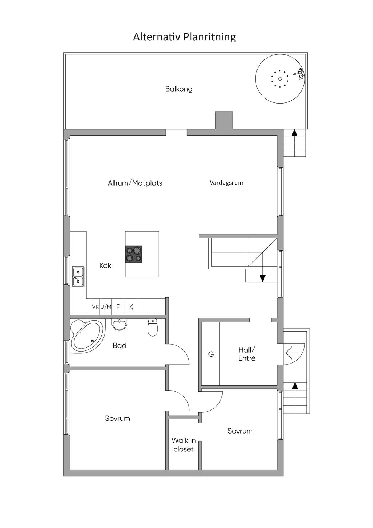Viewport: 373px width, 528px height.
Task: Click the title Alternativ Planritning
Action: [184, 37]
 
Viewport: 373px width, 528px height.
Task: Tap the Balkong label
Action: [179, 89]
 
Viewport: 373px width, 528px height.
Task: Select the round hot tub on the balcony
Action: [280, 79]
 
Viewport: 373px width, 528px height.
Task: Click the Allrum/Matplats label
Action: [135, 183]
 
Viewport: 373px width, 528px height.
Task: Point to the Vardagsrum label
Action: [226, 183]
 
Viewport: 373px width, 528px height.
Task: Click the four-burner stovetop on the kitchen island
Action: [134, 254]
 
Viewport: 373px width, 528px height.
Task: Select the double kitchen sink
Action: [78, 276]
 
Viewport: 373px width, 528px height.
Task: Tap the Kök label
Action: [105, 265]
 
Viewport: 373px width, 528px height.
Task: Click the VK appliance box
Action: [95, 307]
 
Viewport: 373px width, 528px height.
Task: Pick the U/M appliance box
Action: [106, 307]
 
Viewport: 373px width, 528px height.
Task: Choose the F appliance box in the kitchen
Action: [118, 307]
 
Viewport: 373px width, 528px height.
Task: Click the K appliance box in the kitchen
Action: [131, 307]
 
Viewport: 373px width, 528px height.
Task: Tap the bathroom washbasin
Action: [119, 324]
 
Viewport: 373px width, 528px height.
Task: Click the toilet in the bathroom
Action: [153, 327]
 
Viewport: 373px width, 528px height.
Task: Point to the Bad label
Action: [119, 346]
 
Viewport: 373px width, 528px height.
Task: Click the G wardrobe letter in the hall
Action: [211, 354]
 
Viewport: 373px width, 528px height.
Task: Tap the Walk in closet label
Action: [184, 444]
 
